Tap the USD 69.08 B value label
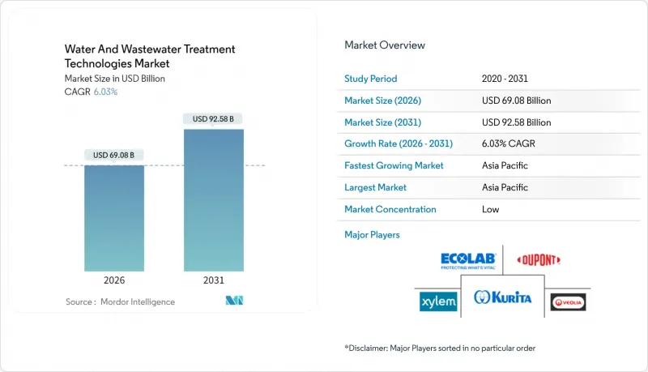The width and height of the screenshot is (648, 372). tap(114, 155)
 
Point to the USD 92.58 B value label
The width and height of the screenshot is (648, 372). tap(214, 119)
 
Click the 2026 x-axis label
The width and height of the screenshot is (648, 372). tap(114, 280)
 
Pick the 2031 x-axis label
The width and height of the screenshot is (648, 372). tap(214, 280)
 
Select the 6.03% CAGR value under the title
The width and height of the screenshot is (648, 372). tap(106, 92)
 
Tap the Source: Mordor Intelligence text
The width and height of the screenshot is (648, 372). tap(120, 301)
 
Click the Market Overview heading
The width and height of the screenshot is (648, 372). tap(385, 45)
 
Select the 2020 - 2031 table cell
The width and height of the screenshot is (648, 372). tap(505, 79)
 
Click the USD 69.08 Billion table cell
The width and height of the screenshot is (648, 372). tap(516, 100)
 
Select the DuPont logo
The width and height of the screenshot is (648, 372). tap(539, 260)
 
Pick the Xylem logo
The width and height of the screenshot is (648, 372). tap(438, 301)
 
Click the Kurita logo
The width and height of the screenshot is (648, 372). tap(503, 297)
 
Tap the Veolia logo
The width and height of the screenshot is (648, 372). tap(568, 302)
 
